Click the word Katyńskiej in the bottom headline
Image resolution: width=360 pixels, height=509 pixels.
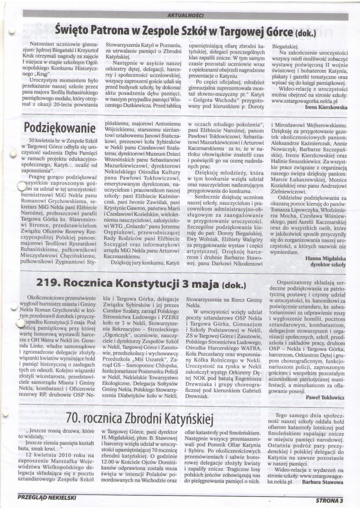point(187,421)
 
